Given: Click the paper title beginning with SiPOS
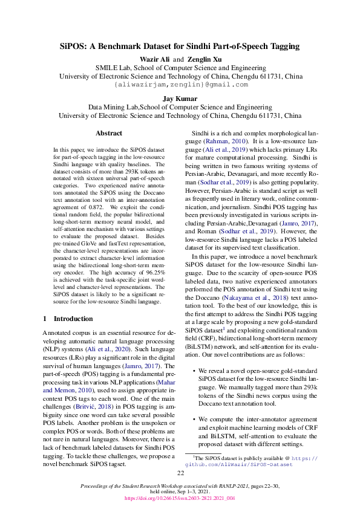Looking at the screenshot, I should [180, 46].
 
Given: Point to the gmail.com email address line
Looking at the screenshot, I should [180, 85].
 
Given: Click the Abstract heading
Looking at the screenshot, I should [109, 133].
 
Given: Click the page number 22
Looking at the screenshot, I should [180, 473].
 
